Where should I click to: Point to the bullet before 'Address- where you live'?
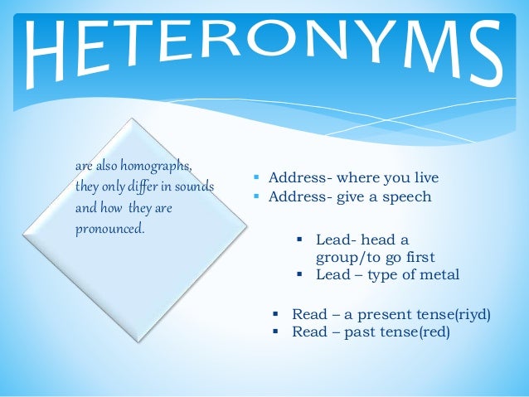[258, 178]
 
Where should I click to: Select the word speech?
[409, 197]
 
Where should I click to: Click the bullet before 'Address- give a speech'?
[258, 197]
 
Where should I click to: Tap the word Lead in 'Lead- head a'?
[332, 240]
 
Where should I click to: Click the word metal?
[439, 275]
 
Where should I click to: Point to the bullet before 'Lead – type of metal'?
[301, 275]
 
